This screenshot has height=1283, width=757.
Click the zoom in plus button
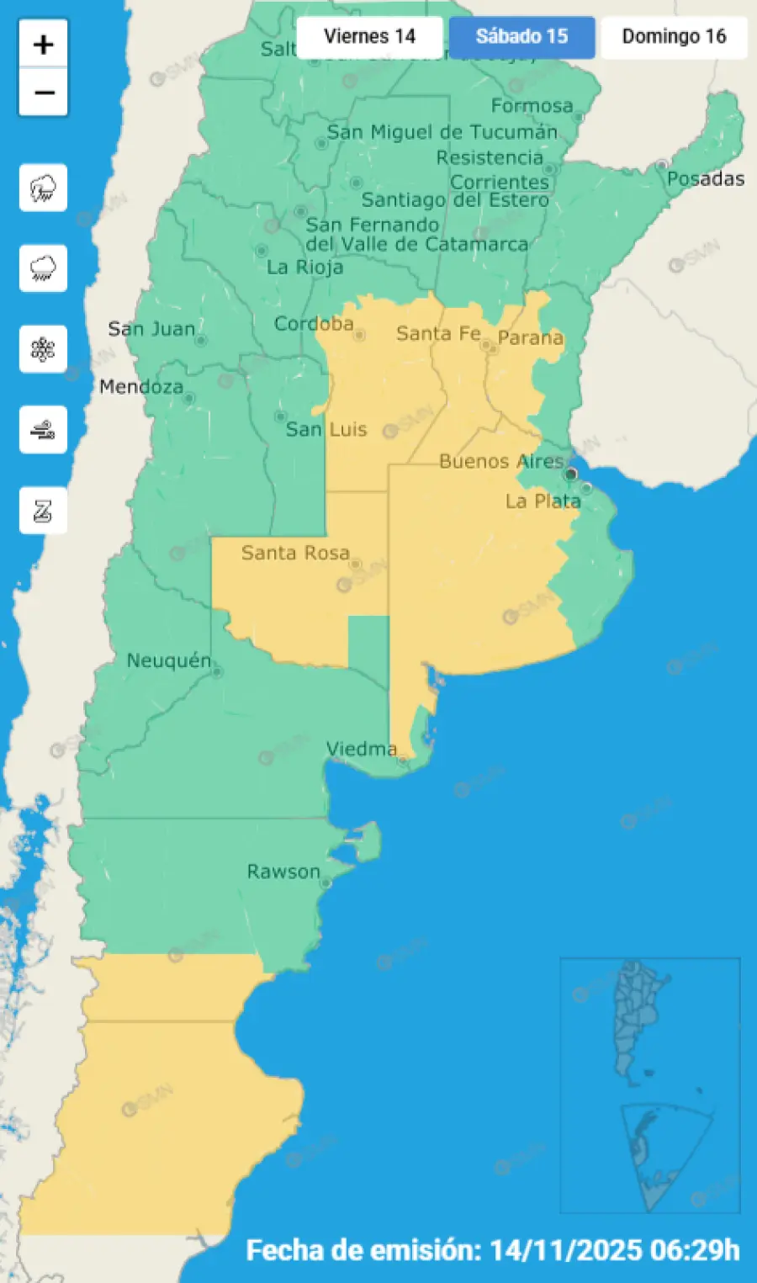pyautogui.click(x=43, y=44)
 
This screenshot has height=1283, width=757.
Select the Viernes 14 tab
pyautogui.click(x=369, y=37)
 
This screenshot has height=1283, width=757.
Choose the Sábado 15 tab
pyautogui.click(x=521, y=37)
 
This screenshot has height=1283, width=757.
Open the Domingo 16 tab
pyautogui.click(x=674, y=37)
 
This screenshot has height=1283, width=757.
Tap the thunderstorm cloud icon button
pyautogui.click(x=43, y=188)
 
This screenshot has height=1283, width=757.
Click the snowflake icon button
pyautogui.click(x=43, y=349)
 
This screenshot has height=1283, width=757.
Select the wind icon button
pyautogui.click(x=43, y=430)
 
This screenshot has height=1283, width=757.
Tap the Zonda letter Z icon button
pyautogui.click(x=43, y=511)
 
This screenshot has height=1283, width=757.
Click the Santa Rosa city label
pyautogui.click(x=294, y=553)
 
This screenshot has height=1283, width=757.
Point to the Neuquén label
pyautogui.click(x=168, y=660)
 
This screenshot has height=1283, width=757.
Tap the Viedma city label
pyautogui.click(x=361, y=748)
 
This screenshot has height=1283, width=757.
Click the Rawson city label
pyautogui.click(x=283, y=872)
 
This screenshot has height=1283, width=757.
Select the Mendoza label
pyautogui.click(x=140, y=387)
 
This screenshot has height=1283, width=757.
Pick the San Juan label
pyautogui.click(x=151, y=329)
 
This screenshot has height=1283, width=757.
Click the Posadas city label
pyautogui.click(x=705, y=179)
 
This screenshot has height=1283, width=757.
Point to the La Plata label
pyautogui.click(x=543, y=501)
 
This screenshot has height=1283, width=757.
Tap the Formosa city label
pyautogui.click(x=532, y=106)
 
